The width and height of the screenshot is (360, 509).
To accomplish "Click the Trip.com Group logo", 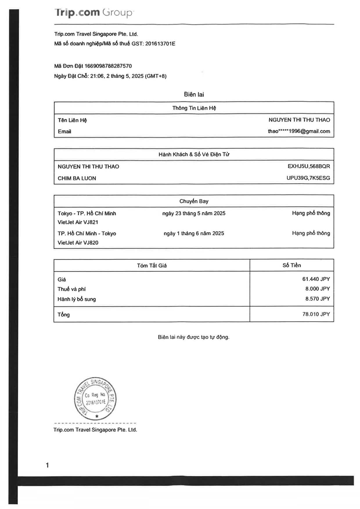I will (93, 13).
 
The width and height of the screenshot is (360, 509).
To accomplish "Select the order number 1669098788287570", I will (108, 66).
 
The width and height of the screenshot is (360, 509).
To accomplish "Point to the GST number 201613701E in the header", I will (160, 44).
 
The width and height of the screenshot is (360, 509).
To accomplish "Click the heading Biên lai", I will (194, 94).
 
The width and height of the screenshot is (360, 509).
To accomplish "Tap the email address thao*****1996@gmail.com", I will (299, 131).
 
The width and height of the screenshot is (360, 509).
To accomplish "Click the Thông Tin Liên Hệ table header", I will (194, 108).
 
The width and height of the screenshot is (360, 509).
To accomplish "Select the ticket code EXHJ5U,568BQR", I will (309, 166).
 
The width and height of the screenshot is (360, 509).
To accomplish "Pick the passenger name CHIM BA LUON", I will (77, 178).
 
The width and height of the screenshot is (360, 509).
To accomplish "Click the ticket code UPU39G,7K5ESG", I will (308, 178).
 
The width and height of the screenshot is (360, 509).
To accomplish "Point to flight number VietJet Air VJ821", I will (78, 222).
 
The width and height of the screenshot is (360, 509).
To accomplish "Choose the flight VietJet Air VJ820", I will (78, 243).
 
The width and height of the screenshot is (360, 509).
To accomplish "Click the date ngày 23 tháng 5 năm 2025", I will (194, 213).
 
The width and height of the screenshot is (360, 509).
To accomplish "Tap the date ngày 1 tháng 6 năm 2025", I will (194, 233).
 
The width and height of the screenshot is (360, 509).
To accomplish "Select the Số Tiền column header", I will (291, 265).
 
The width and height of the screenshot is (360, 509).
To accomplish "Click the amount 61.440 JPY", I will (316, 279).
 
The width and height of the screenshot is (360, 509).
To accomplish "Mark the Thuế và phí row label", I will (71, 289).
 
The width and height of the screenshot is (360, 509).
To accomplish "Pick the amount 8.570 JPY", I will (317, 299).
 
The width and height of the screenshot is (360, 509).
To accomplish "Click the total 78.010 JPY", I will (316, 314).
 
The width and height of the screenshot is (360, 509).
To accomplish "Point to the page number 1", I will (47, 465).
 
